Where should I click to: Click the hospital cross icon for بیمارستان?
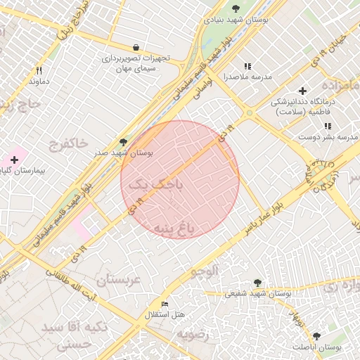pos(14,160)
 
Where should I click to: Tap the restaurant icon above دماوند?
pos(39,70)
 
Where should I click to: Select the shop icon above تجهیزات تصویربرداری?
pos(144,47)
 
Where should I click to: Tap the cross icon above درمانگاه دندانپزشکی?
pos(302,91)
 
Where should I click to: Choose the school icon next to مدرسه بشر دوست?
pos(327,126)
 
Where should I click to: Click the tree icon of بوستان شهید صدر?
pos(124,142)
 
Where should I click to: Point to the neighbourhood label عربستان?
pos(119,279)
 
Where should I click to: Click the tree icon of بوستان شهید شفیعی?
pos(257,283)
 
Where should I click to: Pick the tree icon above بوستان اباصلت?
pos(316,337)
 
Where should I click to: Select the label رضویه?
pos(193,333)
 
